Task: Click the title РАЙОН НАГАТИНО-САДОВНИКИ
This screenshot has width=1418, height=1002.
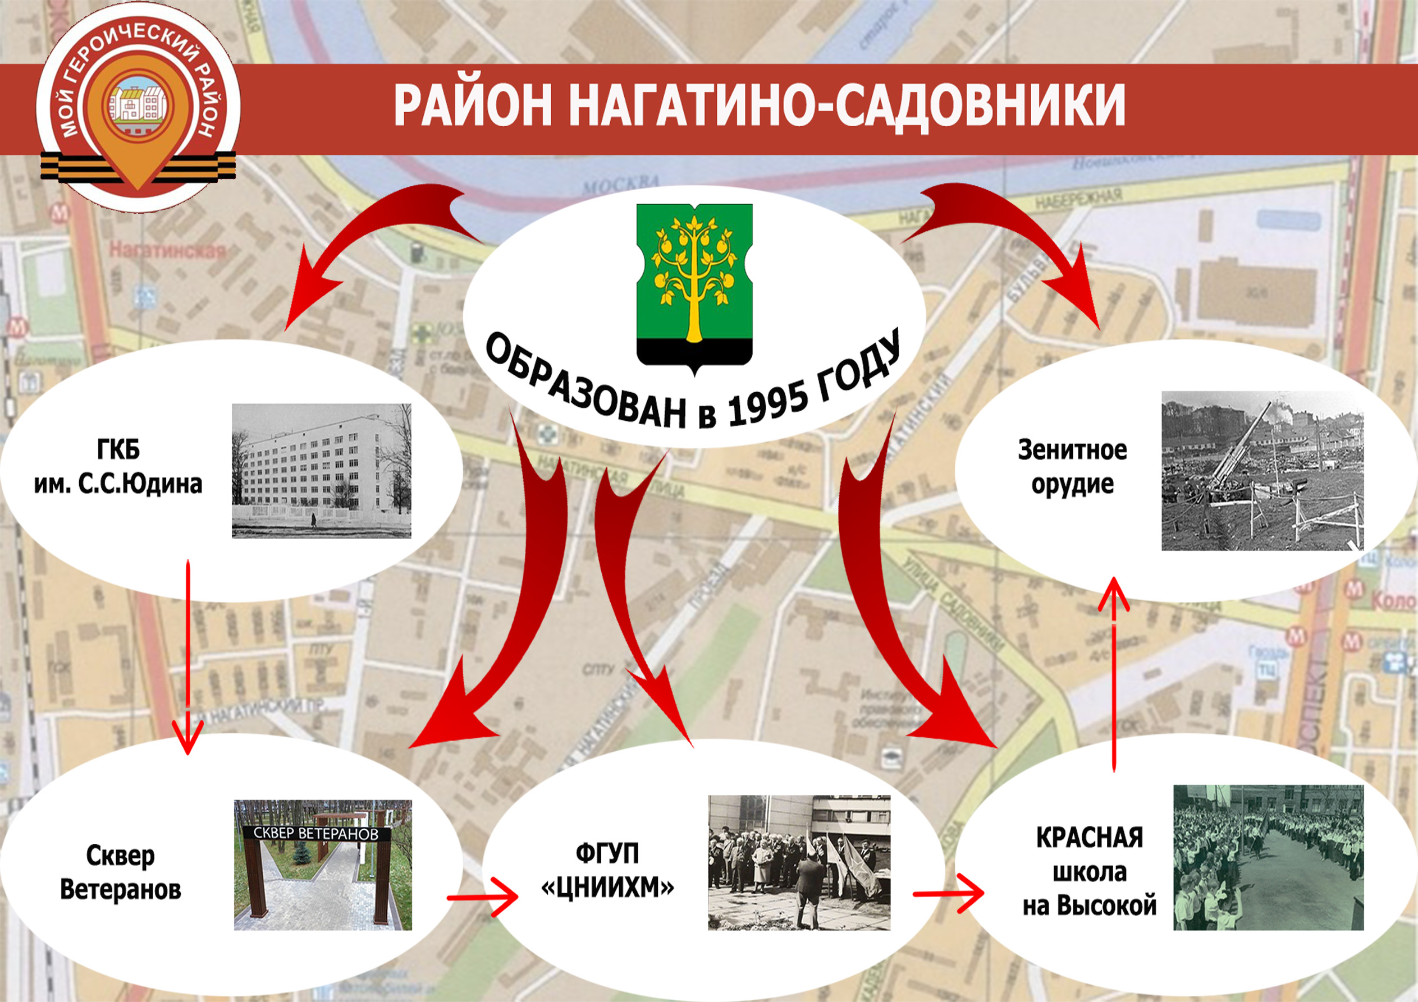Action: point(759,105)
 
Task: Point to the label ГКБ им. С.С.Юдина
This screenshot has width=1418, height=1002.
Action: point(118,466)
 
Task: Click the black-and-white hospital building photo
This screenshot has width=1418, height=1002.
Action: point(321,471)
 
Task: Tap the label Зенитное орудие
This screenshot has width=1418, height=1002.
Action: point(1072,466)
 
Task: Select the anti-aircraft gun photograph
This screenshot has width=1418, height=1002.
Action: point(1262,471)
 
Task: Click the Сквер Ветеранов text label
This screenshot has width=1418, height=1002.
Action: point(121,872)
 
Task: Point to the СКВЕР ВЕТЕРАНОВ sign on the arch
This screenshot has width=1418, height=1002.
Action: point(315,834)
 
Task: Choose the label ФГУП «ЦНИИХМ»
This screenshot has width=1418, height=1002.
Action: point(607,870)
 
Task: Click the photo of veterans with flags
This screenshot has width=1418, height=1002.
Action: point(799,862)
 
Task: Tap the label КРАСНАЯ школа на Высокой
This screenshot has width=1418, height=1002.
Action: point(1090,872)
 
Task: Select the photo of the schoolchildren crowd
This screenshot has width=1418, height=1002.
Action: point(1268,857)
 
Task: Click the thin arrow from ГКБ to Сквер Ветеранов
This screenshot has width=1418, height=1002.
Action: point(187,654)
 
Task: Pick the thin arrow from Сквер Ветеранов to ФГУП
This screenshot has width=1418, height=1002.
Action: point(482,898)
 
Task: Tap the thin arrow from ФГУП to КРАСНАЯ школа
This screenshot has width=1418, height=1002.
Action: point(948,893)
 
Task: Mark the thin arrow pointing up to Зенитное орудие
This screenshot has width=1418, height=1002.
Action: point(1114,673)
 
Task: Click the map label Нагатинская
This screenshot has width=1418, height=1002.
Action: point(167,251)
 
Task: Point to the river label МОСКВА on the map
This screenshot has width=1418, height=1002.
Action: point(620,185)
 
